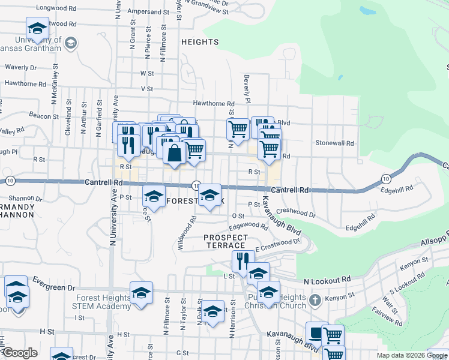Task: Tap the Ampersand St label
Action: [x=148, y=11]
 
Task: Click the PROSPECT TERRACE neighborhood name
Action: [x=225, y=241]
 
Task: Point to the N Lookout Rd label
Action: [x=327, y=280]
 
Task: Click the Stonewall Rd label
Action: [x=335, y=143]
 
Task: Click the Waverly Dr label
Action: [x=21, y=67]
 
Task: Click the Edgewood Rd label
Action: [x=248, y=226]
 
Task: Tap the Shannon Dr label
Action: [x=26, y=198]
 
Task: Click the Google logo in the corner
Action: [x=19, y=353]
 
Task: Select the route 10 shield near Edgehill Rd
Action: [x=385, y=178]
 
